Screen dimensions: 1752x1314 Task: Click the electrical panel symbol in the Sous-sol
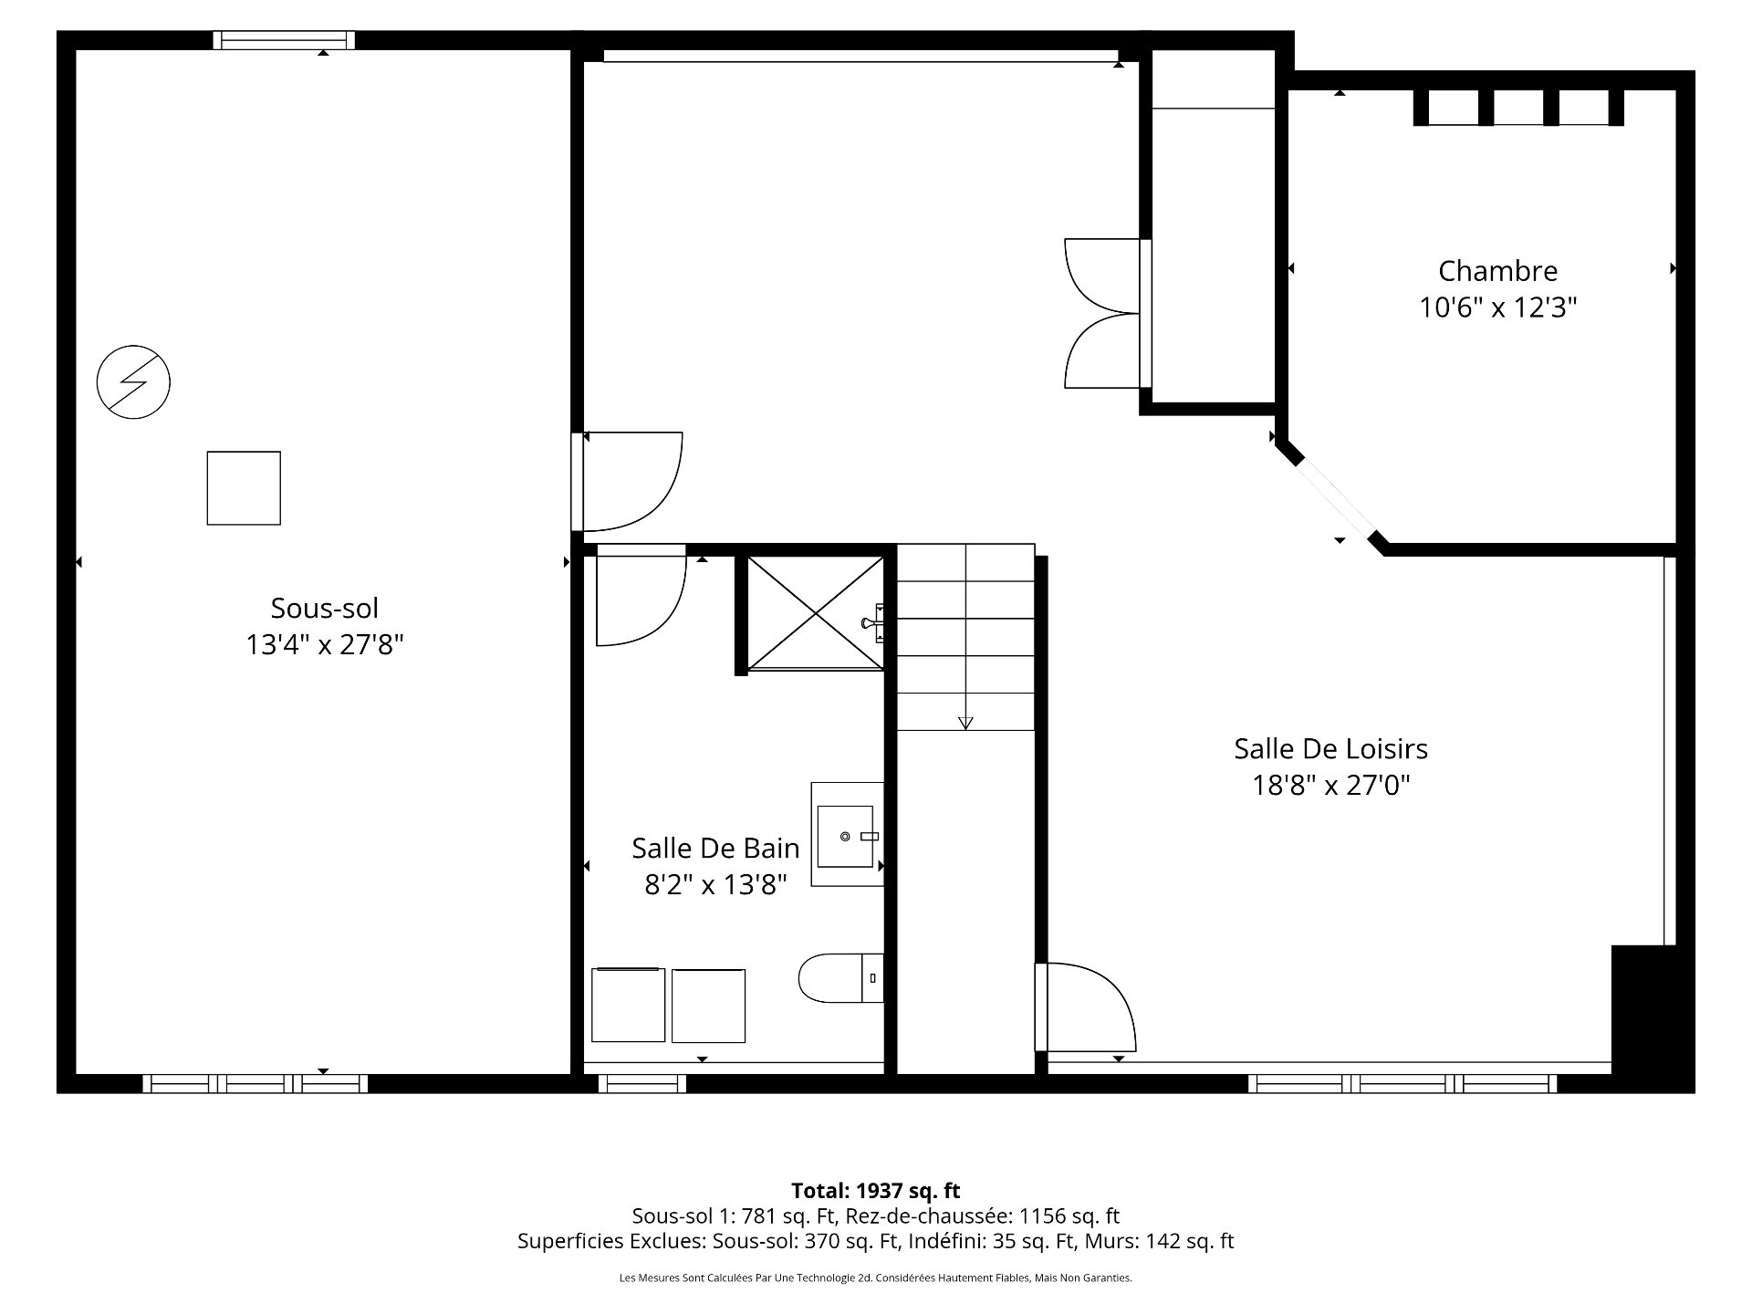(x=134, y=381)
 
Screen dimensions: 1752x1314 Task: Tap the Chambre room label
(x=1497, y=271)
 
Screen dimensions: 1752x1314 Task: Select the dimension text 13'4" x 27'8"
(x=325, y=645)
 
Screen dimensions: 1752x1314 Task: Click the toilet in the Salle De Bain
(x=841, y=978)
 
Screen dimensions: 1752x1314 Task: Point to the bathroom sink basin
(x=846, y=836)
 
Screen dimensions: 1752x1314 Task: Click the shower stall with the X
(x=815, y=612)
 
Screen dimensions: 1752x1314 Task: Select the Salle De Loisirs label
(x=1330, y=749)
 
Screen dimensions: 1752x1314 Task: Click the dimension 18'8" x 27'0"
(x=1330, y=785)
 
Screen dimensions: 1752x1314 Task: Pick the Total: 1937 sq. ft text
(x=875, y=1190)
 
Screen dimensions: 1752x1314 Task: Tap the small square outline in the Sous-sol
(x=244, y=488)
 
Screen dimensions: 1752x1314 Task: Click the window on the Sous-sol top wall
(x=284, y=40)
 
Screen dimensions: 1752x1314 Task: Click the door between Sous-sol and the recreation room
(x=627, y=481)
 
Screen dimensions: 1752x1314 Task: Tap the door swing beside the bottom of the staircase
(x=1086, y=1006)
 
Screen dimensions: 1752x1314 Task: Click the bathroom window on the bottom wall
(x=642, y=1084)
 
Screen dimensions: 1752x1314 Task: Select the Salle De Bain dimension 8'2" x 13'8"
(x=715, y=885)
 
